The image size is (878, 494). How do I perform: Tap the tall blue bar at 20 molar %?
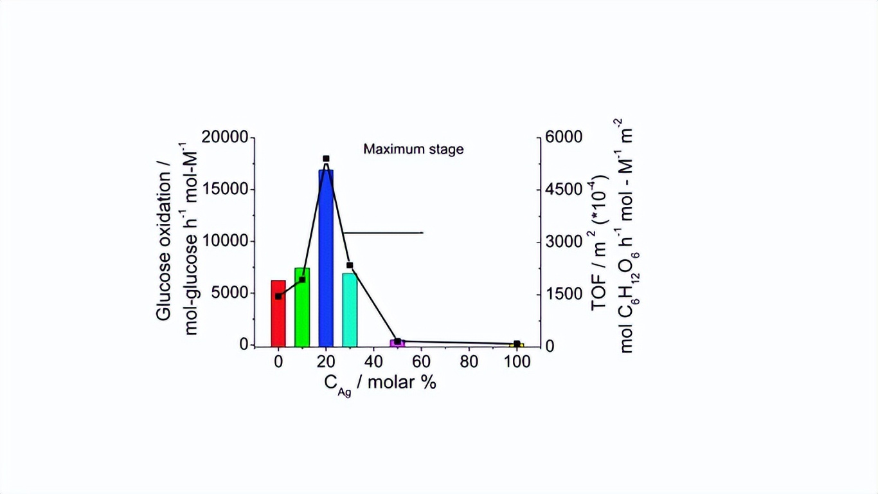click(x=326, y=257)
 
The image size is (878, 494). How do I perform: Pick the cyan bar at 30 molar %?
click(x=350, y=309)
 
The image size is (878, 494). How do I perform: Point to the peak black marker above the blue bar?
click(x=326, y=158)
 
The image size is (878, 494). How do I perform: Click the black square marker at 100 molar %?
click(x=517, y=344)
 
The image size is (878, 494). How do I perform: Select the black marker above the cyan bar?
click(x=350, y=265)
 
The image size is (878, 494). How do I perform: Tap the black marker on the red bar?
click(x=278, y=296)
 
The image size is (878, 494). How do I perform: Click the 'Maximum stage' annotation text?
click(x=413, y=149)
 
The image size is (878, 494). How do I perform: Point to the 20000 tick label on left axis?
click(x=224, y=138)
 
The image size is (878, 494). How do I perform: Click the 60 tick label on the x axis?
click(x=421, y=362)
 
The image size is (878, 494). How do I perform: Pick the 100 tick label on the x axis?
click(x=517, y=362)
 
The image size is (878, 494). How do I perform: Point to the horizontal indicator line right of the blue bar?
click(x=382, y=232)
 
